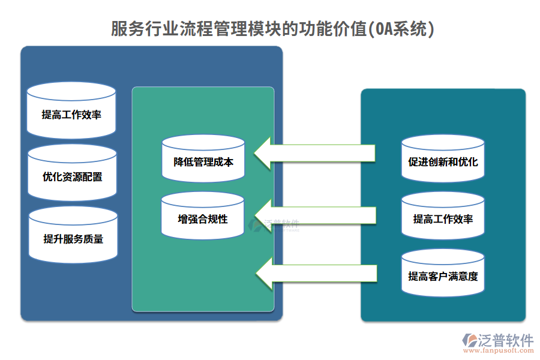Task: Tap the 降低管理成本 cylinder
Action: click(x=203, y=159)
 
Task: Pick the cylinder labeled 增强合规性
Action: click(x=203, y=217)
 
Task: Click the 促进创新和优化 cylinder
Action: click(x=443, y=159)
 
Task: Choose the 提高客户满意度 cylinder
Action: click(x=443, y=274)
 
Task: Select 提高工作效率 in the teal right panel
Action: click(x=443, y=217)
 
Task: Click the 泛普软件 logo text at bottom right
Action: click(x=505, y=340)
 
